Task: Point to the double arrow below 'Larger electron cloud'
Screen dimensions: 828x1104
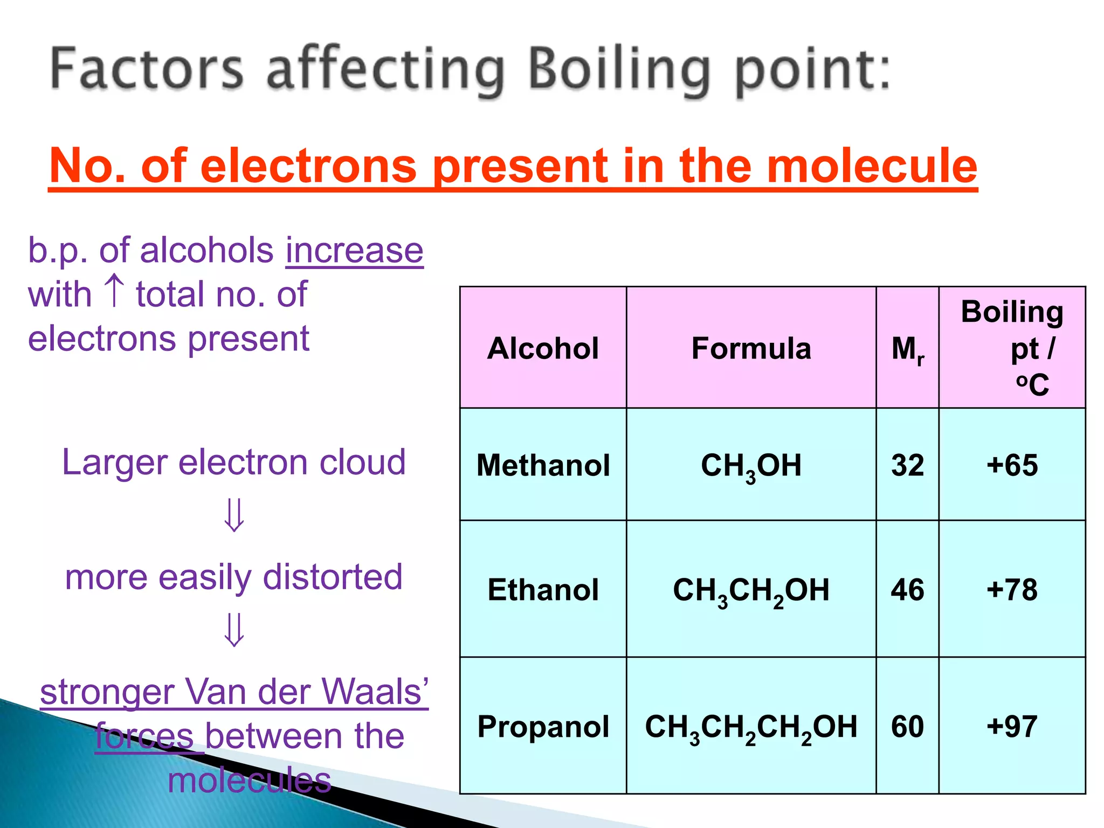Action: click(234, 515)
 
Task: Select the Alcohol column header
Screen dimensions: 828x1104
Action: click(543, 348)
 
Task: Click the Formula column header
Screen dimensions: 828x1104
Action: click(751, 348)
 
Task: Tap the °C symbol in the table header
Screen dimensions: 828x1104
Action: click(1032, 384)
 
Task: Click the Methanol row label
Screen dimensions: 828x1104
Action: click(543, 465)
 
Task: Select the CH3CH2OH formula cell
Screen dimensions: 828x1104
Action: click(751, 590)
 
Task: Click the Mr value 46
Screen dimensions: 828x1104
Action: click(907, 589)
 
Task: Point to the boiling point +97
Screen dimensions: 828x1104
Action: click(1012, 726)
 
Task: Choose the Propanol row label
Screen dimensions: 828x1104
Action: click(543, 726)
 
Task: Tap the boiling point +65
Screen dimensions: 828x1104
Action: click(1012, 465)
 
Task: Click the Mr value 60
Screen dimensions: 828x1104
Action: click(907, 726)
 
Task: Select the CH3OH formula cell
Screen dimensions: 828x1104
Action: click(751, 466)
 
